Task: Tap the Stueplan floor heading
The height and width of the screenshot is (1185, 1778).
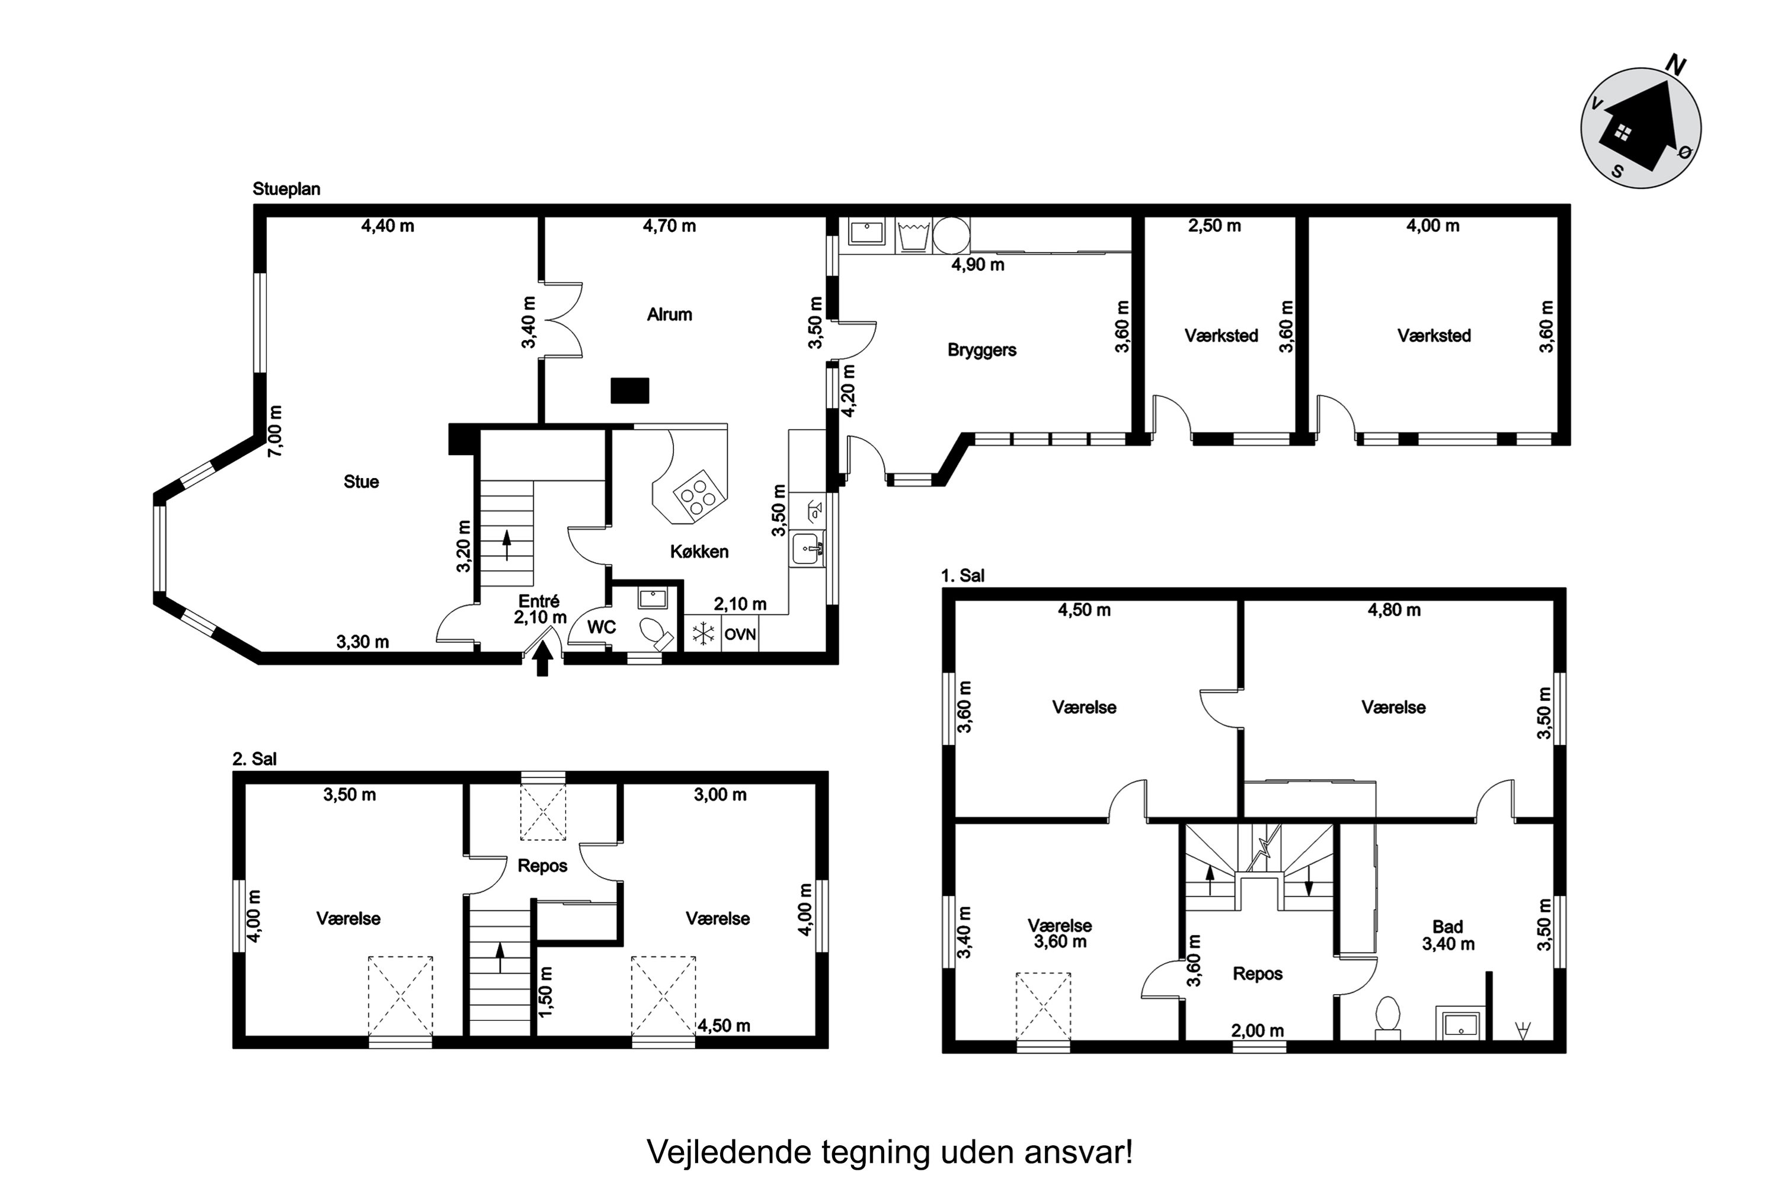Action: coord(286,189)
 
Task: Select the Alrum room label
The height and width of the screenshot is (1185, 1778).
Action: coord(669,315)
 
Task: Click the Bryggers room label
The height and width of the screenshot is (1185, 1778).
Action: coord(981,350)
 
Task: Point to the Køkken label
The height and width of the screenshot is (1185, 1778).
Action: coord(699,552)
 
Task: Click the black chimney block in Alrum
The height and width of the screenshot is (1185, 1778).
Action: coord(629,390)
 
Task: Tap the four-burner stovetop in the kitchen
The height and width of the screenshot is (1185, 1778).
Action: coord(699,497)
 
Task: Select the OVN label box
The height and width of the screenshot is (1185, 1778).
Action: coord(740,634)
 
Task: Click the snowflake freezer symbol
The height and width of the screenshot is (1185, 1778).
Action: coord(703,634)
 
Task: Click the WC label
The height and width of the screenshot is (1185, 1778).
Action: coord(602,627)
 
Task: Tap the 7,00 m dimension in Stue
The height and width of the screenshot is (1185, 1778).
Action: coord(275,431)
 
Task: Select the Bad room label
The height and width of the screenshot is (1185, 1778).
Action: coord(1448,927)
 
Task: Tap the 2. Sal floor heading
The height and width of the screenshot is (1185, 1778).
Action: coord(255,759)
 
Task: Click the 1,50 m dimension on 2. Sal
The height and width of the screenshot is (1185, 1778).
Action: coord(545,991)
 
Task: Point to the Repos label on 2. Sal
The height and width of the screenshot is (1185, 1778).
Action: coord(542,865)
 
